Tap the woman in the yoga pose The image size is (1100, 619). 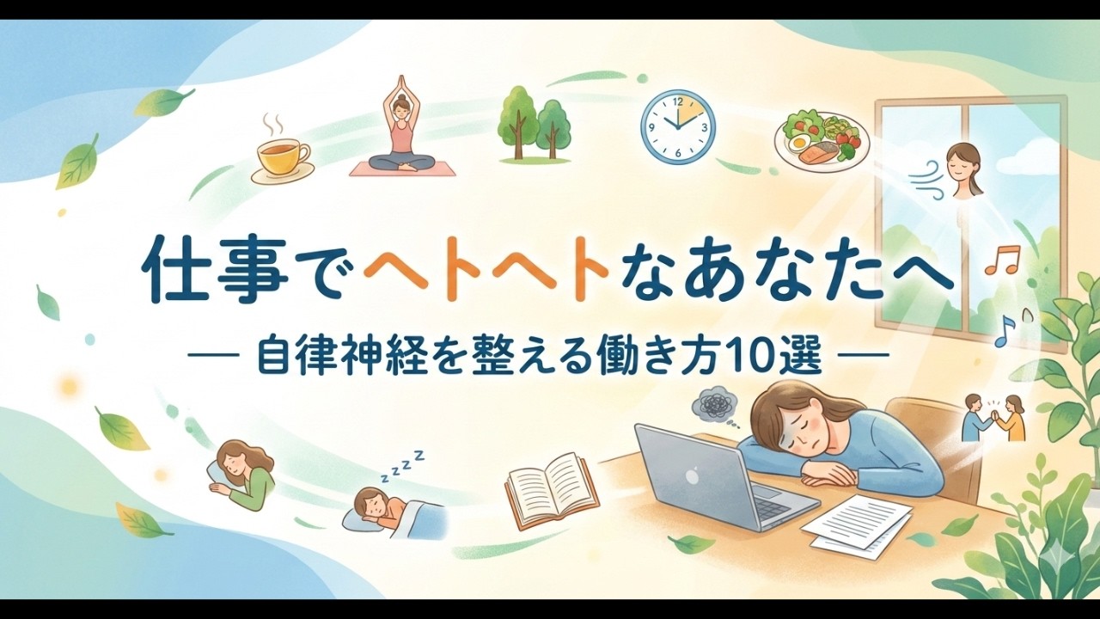(402, 129)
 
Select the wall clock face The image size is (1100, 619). (677, 127)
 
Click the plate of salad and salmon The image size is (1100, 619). (821, 138)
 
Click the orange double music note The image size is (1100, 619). (1001, 259)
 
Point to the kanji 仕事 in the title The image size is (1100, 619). (206, 273)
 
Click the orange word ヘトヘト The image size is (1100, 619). (486, 273)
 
